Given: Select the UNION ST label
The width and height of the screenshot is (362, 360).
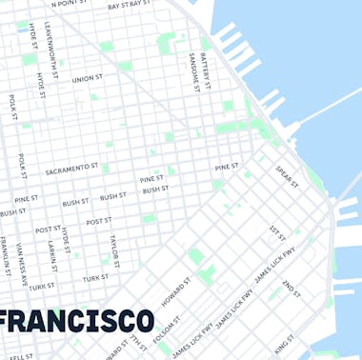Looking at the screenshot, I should tap(87, 78).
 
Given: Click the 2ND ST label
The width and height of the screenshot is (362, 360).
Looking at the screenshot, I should tap(290, 288).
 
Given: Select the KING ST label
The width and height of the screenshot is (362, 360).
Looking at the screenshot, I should tap(284, 341).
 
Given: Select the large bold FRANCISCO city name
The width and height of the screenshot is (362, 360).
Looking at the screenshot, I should tap(76, 320).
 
